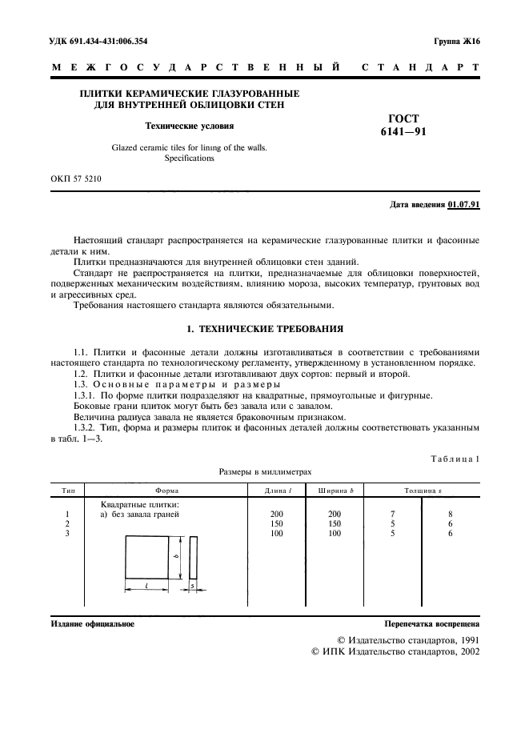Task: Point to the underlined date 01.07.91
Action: [x=464, y=205]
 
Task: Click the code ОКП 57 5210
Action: [x=75, y=180]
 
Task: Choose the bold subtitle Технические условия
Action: [x=189, y=126]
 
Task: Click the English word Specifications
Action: [x=189, y=158]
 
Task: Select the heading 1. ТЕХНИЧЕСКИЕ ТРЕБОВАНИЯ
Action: [x=264, y=329]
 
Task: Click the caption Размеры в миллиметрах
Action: [x=264, y=472]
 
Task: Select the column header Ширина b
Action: [x=335, y=489]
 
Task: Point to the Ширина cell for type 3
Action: [x=335, y=533]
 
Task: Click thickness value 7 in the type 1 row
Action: [x=393, y=514]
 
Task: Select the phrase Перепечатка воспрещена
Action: [x=431, y=623]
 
